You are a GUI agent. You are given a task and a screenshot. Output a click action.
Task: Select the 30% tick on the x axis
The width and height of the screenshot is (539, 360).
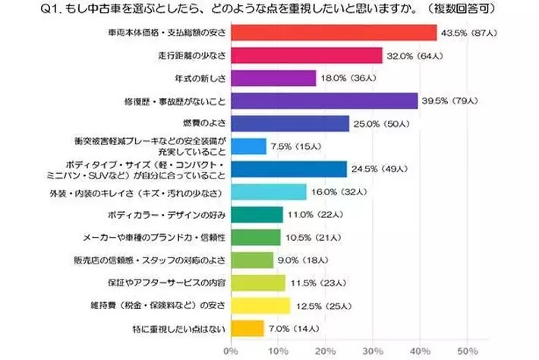click(x=373, y=352)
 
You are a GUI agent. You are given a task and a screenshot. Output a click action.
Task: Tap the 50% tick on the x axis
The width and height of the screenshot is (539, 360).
click(x=468, y=352)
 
